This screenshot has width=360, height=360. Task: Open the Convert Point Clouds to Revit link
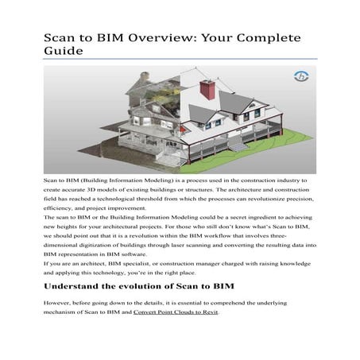(175, 312)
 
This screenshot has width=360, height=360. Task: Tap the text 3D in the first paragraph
(92, 193)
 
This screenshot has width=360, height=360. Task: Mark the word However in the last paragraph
(59, 303)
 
